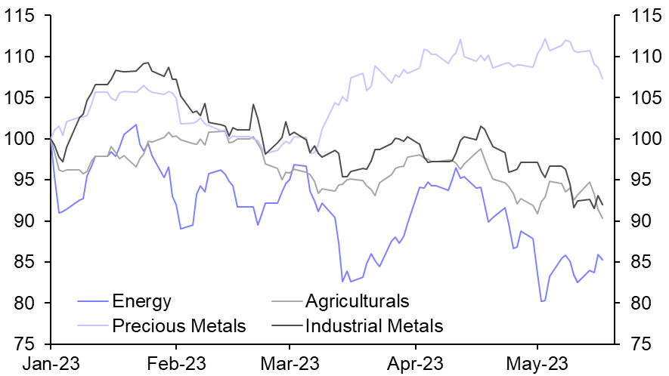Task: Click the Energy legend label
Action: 141,302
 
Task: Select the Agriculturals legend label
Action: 357,302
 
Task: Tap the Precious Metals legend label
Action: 179,326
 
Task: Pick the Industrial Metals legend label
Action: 373,326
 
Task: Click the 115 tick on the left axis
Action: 25,16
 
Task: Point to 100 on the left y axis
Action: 25,139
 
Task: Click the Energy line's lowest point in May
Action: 542,301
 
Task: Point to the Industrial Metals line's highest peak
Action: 147,63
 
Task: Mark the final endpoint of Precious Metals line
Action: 602,79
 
